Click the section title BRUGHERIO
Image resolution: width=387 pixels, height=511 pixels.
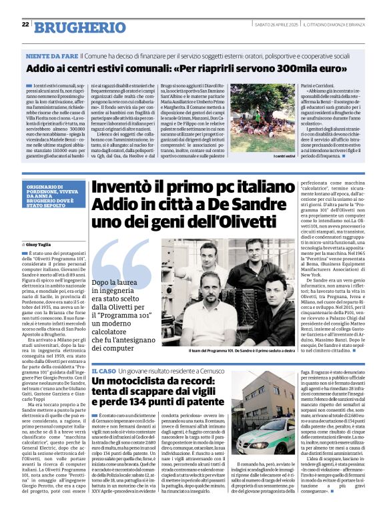[73, 27]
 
